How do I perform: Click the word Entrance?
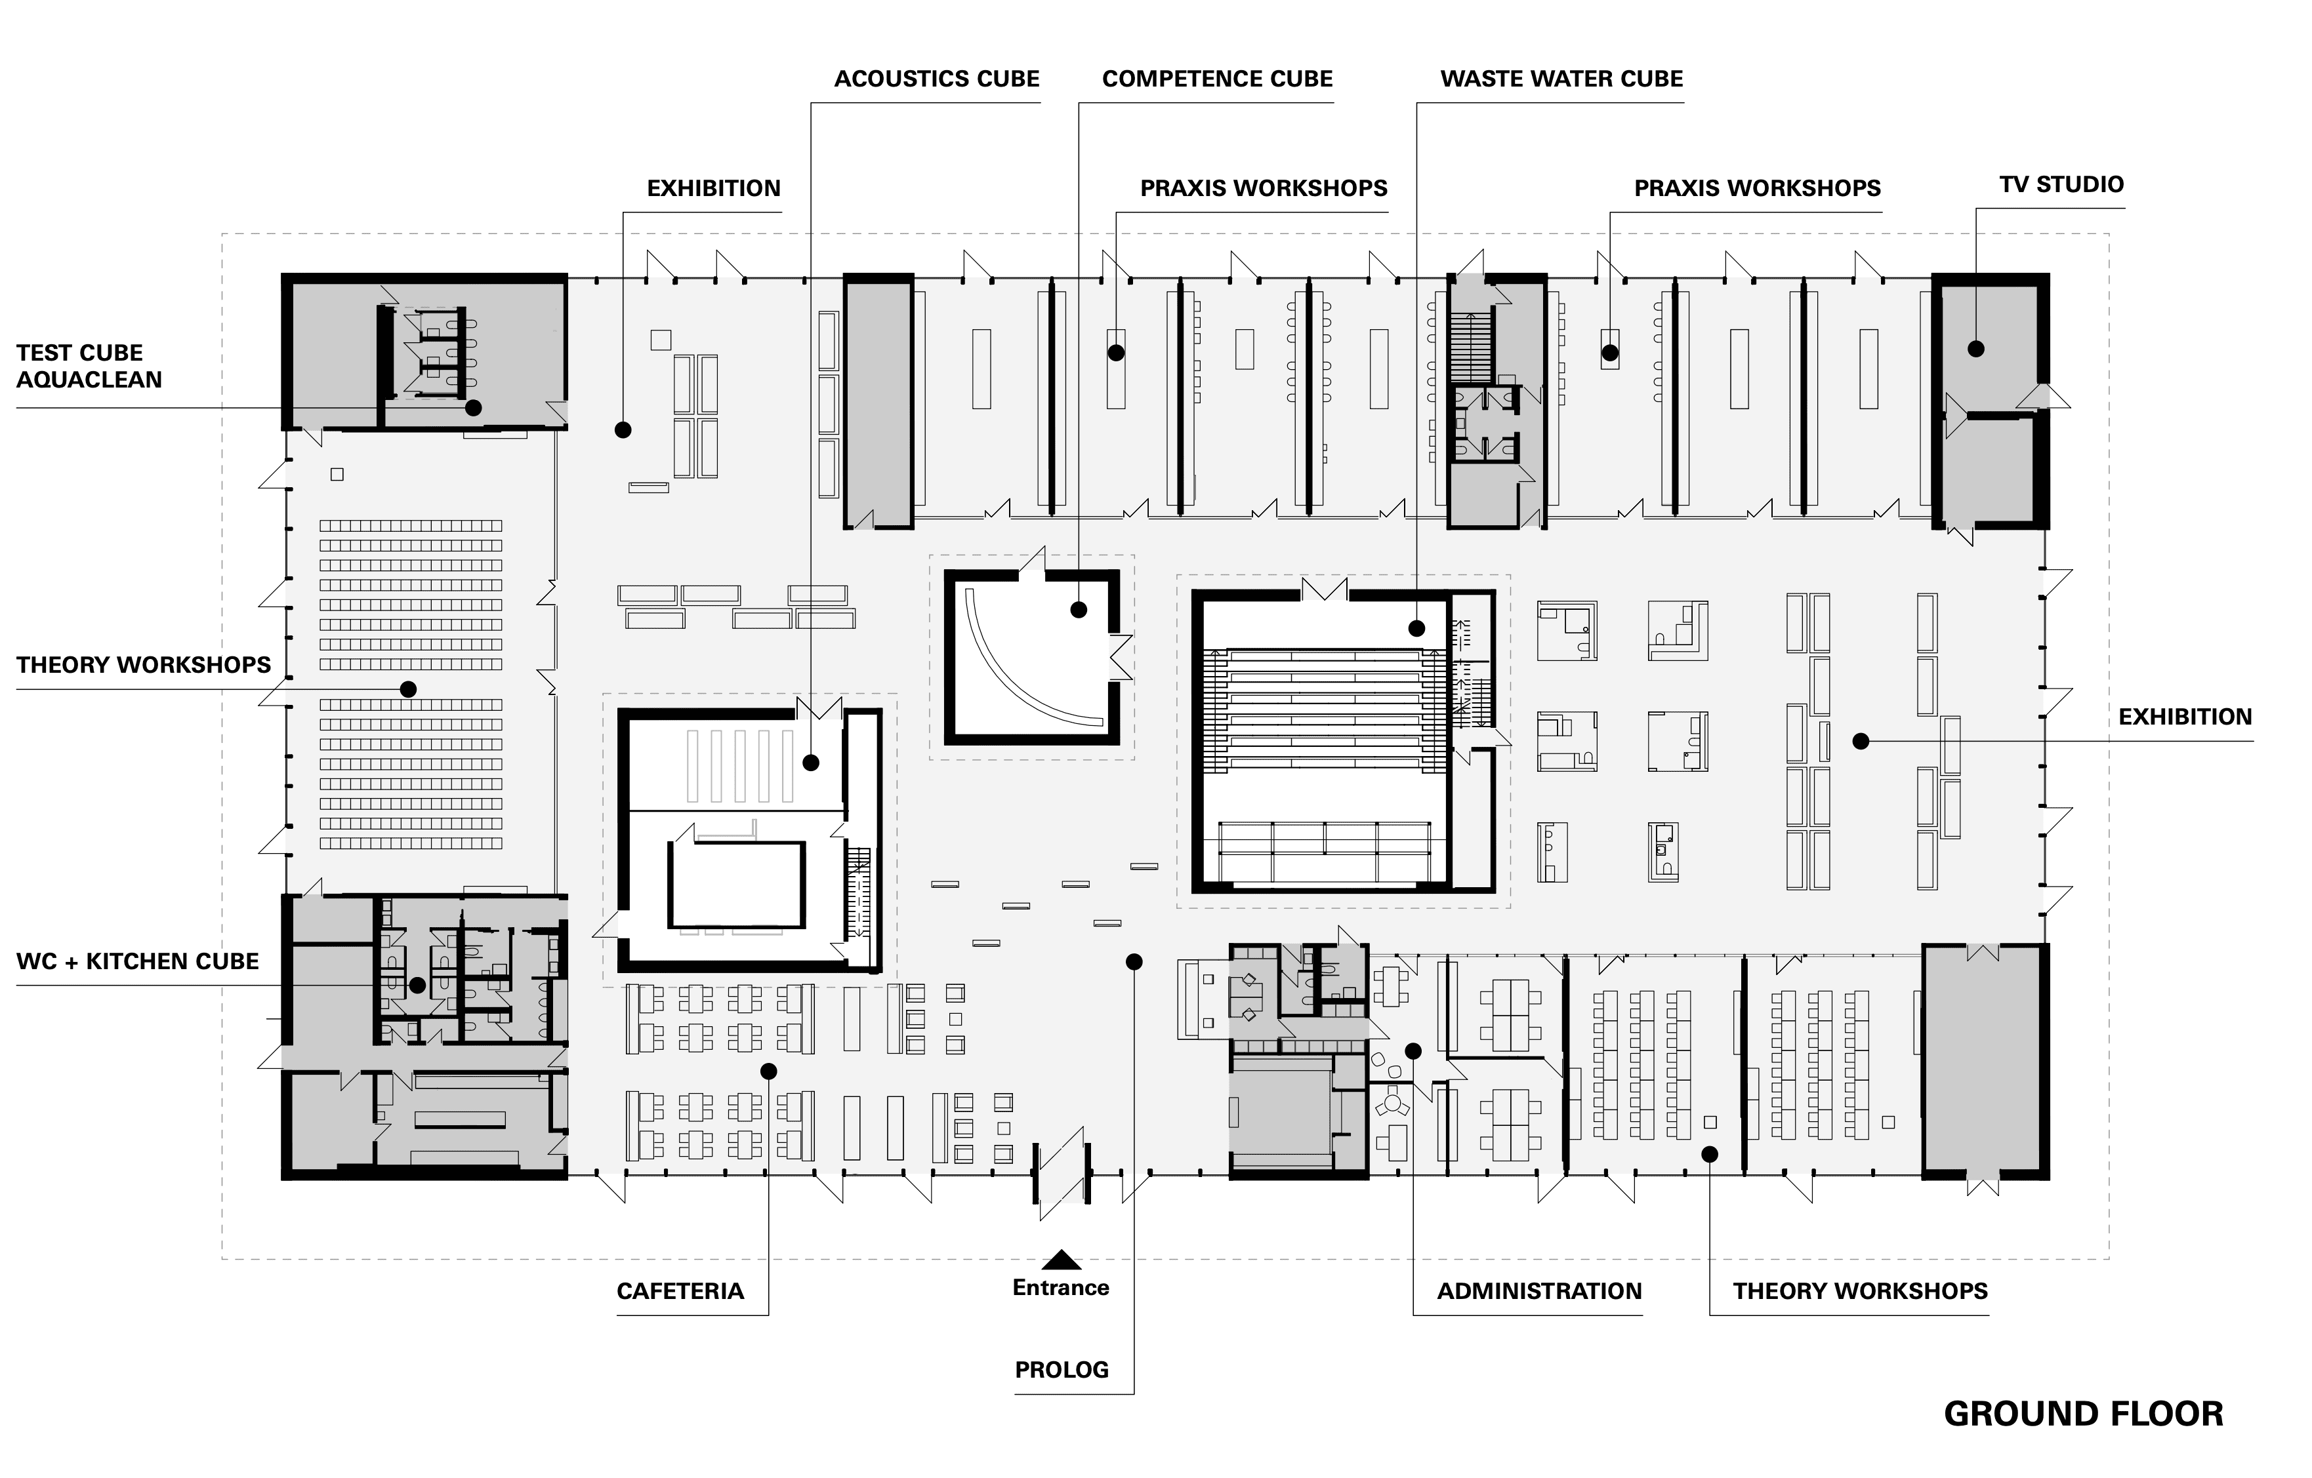[1061, 1288]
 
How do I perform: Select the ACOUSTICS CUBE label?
[936, 79]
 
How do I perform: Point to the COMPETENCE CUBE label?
[1216, 79]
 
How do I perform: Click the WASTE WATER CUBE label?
[1561, 79]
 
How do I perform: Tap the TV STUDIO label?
[2061, 184]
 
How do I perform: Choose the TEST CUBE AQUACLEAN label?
[89, 366]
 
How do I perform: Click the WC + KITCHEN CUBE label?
[137, 962]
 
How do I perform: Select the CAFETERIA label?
[680, 1291]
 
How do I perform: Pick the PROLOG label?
[1061, 1370]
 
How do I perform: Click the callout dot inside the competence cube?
[1078, 609]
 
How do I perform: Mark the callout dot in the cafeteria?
[768, 1071]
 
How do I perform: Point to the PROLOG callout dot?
[1134, 962]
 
